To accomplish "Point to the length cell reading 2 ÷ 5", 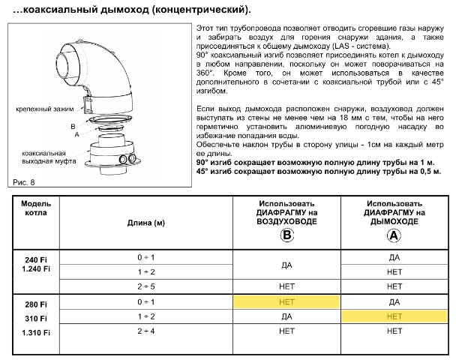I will point(145,286).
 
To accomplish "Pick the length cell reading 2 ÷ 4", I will point(145,331).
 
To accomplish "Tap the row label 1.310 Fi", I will point(35,332).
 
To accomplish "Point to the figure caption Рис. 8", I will point(25,182).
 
